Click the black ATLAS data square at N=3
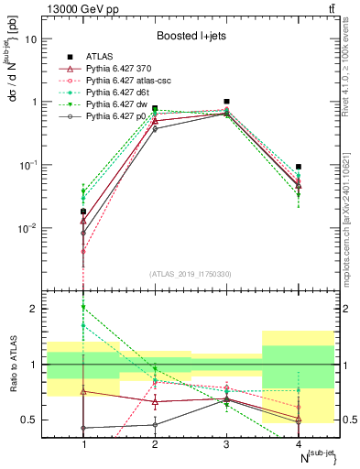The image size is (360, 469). tap(226, 102)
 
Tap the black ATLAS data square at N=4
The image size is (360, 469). tap(299, 167)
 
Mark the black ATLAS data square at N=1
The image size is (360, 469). tap(83, 212)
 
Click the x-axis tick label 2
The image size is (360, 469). tap(155, 444)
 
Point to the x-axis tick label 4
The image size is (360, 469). tap(299, 444)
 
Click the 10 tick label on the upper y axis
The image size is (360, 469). tap(32, 39)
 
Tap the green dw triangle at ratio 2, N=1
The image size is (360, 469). tap(83, 307)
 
